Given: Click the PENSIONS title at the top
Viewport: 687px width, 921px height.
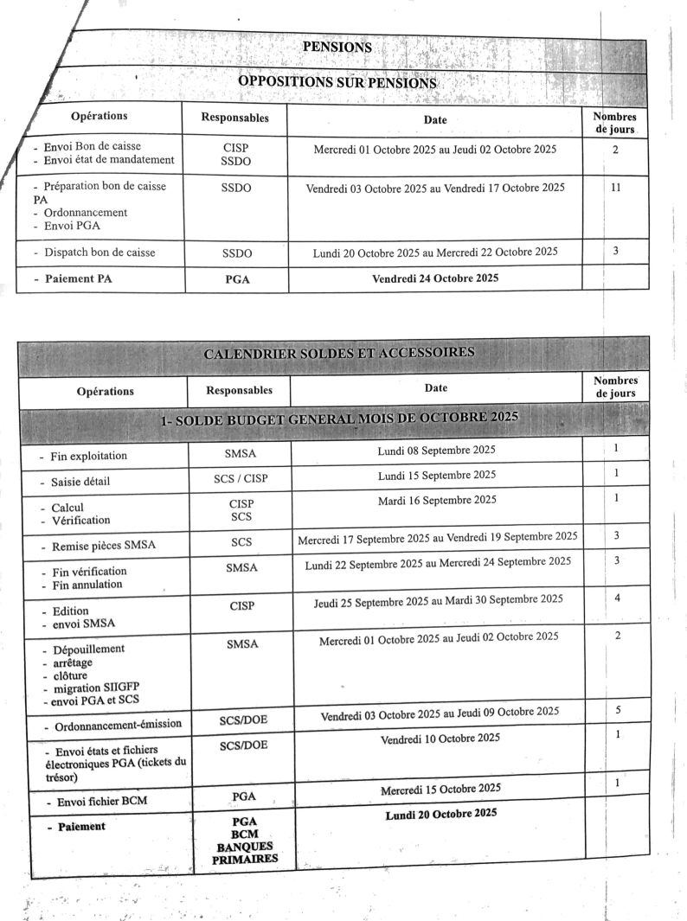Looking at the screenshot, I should pyautogui.click(x=337, y=48).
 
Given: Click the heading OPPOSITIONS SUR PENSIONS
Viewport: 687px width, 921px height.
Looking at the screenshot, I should pyautogui.click(x=337, y=83).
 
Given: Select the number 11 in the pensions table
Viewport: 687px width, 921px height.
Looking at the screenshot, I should pyautogui.click(x=615, y=186).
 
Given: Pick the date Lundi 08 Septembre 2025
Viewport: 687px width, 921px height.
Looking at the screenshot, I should pyautogui.click(x=437, y=451).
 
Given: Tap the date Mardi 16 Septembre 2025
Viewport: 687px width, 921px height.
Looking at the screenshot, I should pyautogui.click(x=437, y=499).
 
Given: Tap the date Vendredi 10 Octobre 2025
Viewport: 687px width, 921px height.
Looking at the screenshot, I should pyautogui.click(x=440, y=737).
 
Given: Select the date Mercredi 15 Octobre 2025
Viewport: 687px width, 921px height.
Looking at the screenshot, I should pyautogui.click(x=440, y=788).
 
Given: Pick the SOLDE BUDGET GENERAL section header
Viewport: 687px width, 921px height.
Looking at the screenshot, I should pyautogui.click(x=339, y=419).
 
